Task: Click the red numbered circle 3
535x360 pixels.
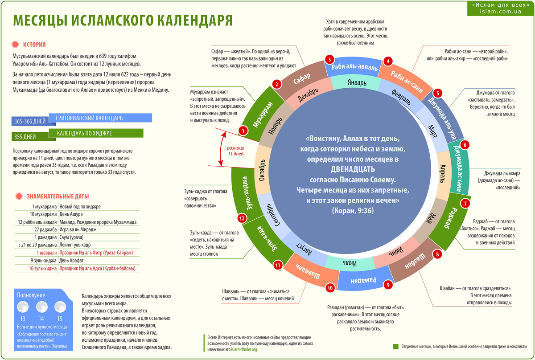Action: [x=329, y=59]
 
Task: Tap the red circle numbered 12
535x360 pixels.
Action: [x=242, y=218]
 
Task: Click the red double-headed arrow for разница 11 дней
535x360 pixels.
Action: [x=219, y=150]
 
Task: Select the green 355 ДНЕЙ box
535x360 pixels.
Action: [x=25, y=136]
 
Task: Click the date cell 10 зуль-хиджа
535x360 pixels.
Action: [x=43, y=269]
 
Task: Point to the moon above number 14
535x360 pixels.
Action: [x=41, y=307]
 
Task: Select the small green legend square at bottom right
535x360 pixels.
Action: [x=395, y=347]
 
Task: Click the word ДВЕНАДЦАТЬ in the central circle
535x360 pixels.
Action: [x=353, y=170]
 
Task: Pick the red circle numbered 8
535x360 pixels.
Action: [x=437, y=254]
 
